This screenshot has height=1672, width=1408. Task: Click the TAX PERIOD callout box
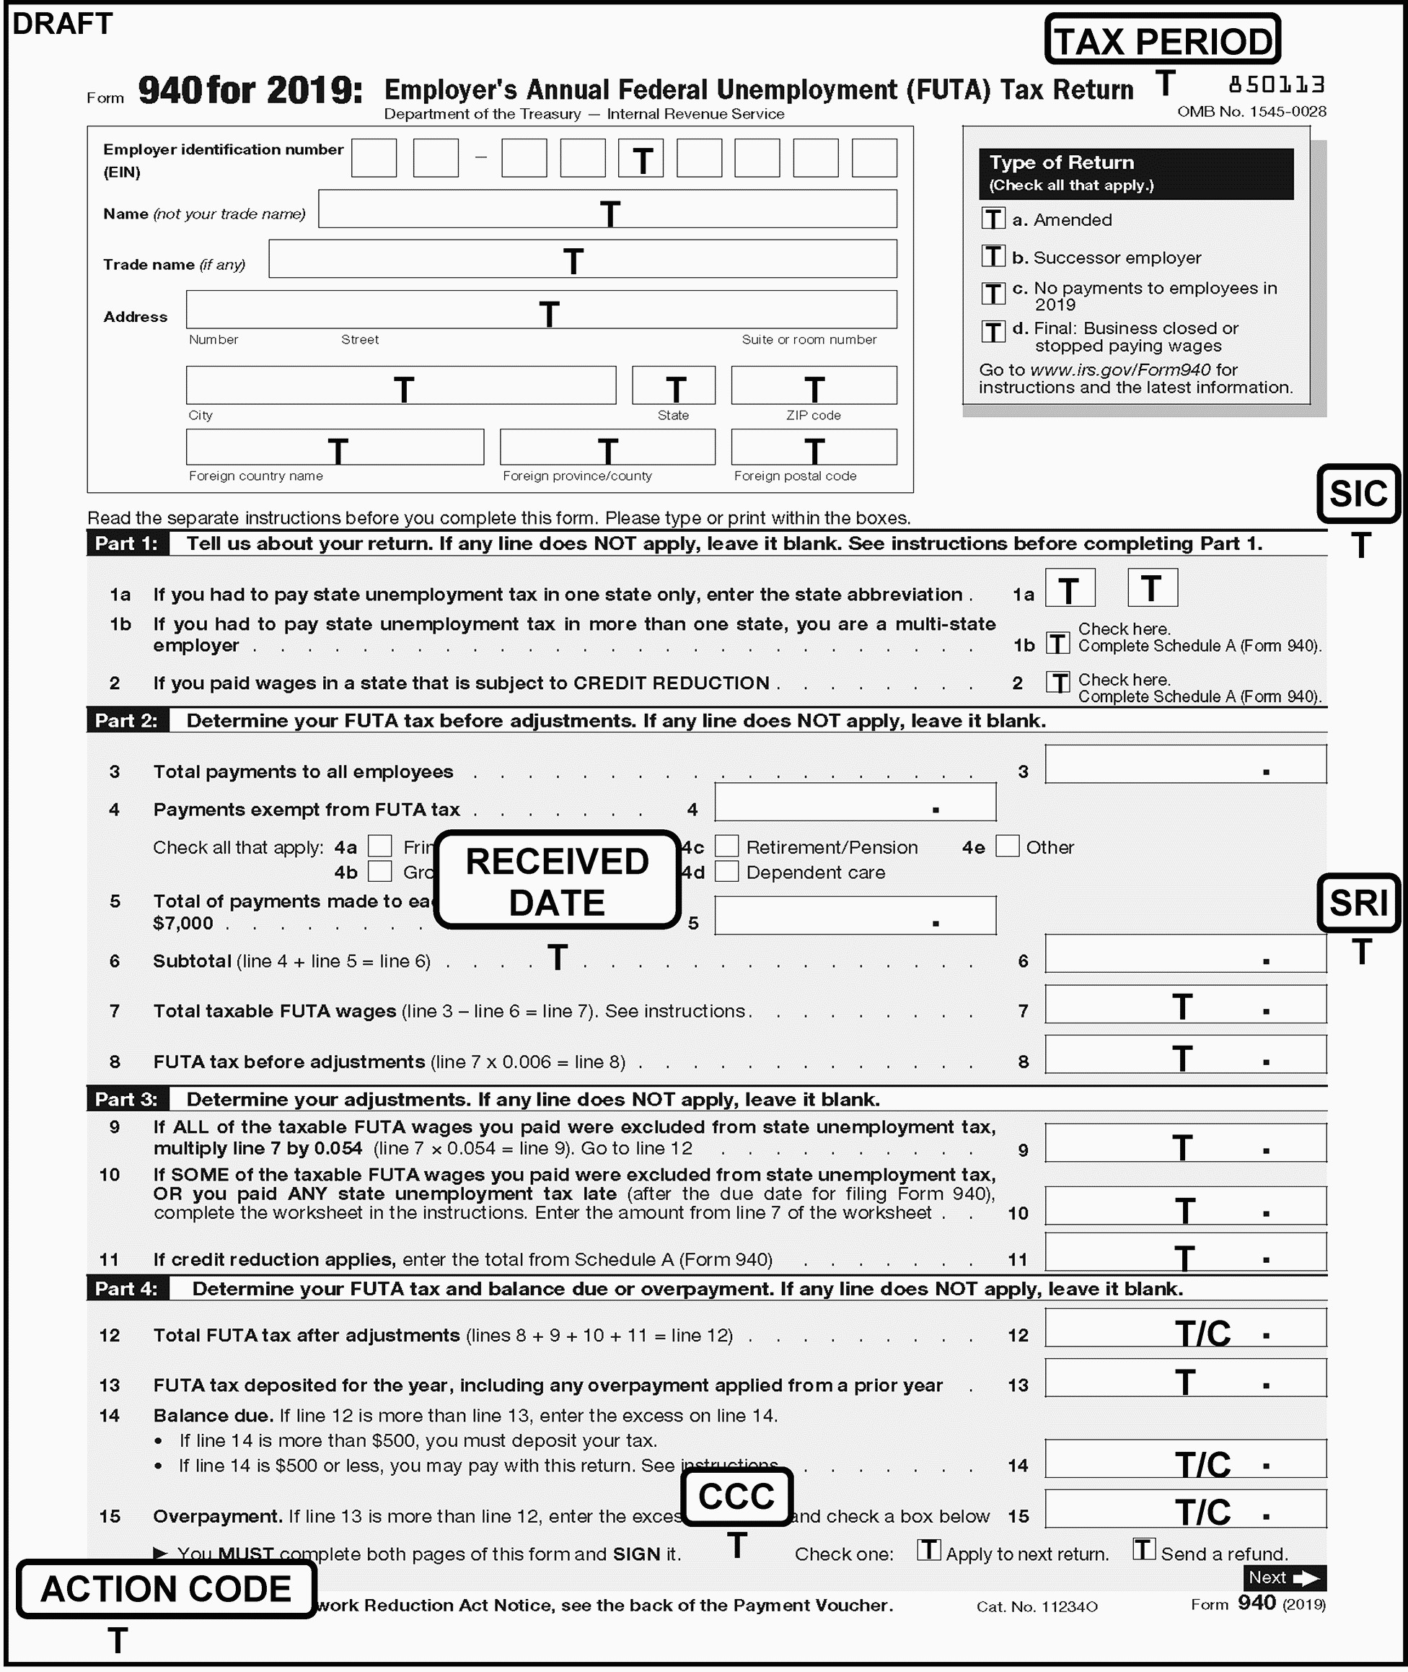click(1162, 40)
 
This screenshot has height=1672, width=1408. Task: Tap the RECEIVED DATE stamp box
click(557, 880)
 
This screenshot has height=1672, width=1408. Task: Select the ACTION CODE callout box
click(166, 1588)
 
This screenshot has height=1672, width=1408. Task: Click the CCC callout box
click(736, 1495)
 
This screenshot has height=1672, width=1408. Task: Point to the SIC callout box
click(1358, 494)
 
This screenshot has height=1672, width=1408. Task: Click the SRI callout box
click(1358, 902)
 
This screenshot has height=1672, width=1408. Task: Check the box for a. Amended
click(993, 219)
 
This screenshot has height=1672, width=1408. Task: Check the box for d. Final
click(993, 331)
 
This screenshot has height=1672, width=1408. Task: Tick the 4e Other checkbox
click(1007, 846)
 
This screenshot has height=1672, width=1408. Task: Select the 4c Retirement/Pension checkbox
click(726, 846)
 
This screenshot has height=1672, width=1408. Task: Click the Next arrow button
click(1284, 1577)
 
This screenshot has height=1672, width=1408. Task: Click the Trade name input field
click(583, 259)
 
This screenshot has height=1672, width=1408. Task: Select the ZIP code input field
click(814, 385)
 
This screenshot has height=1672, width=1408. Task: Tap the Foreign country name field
click(335, 447)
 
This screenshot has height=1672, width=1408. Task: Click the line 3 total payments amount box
click(1185, 764)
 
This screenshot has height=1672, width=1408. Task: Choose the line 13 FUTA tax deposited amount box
click(1185, 1378)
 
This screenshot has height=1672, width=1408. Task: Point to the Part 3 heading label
click(126, 1100)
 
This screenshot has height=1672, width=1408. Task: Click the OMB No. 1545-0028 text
click(1251, 112)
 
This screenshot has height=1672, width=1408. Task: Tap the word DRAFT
click(62, 24)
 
